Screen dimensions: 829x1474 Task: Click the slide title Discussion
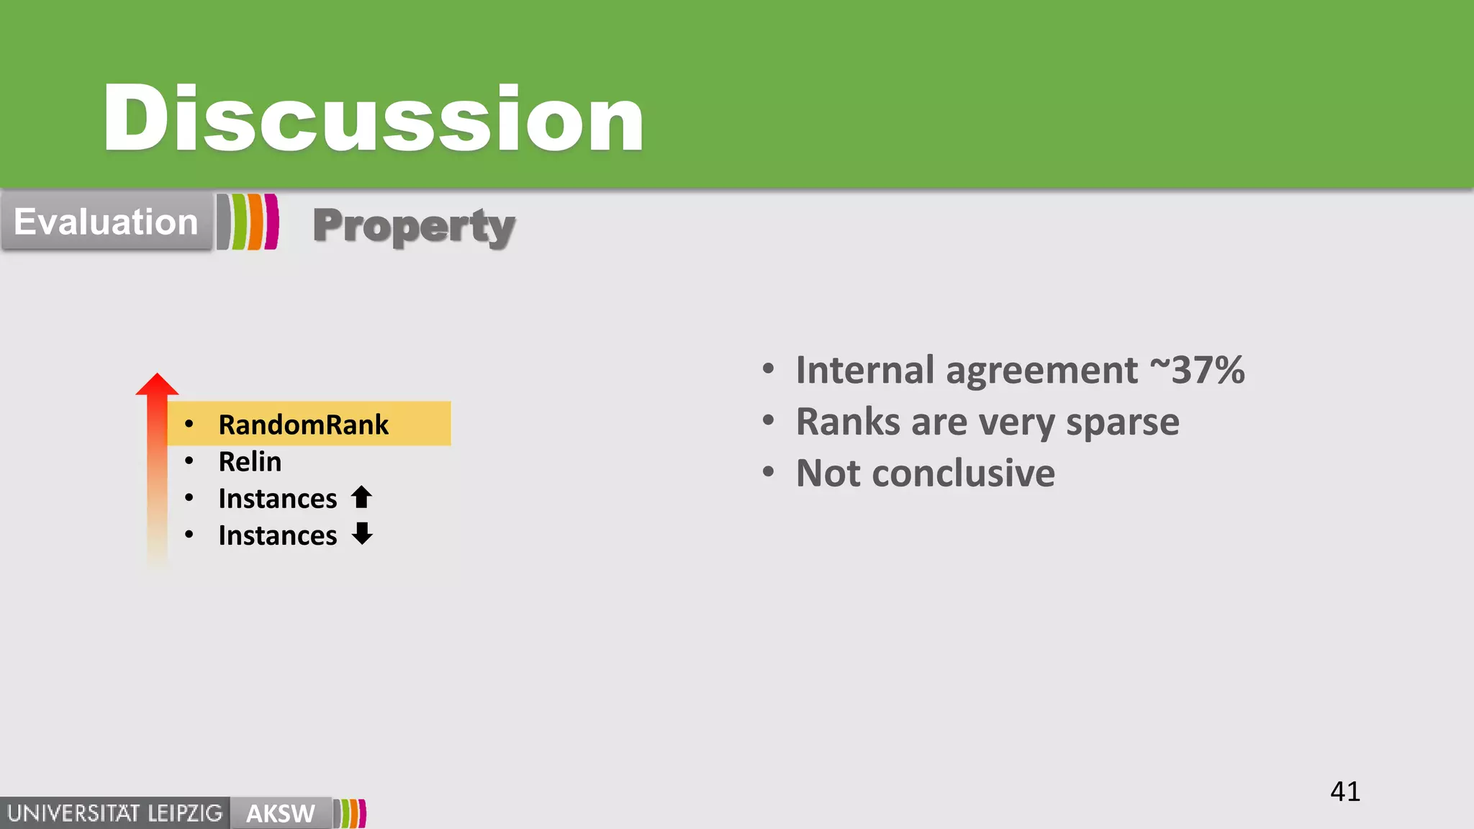point(373,119)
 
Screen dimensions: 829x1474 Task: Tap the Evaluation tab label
point(106,222)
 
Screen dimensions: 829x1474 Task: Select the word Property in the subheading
point(414,227)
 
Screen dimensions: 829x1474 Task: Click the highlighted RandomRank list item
point(303,425)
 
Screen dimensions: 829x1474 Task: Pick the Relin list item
point(250,462)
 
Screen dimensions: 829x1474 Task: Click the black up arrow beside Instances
point(361,497)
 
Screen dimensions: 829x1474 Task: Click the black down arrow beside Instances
point(362,534)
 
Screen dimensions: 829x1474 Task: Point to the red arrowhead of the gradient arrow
point(157,385)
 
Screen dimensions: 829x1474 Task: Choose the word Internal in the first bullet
point(864,370)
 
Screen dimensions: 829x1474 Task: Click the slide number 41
point(1344,792)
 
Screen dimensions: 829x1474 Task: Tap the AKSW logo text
point(280,814)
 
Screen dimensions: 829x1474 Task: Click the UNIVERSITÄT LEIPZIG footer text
point(115,814)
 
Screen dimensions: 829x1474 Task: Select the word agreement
point(1041,371)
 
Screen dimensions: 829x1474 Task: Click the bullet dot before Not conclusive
point(769,473)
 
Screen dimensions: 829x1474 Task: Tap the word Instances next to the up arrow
point(278,499)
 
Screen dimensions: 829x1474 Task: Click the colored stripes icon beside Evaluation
point(248,222)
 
